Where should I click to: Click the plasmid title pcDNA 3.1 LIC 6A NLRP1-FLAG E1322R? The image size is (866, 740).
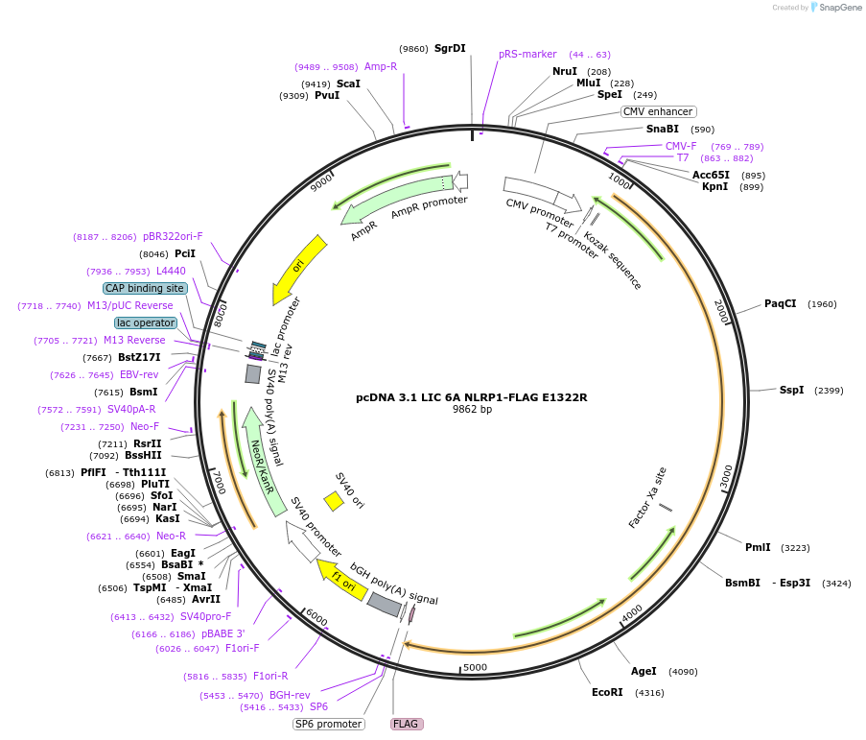[471, 396]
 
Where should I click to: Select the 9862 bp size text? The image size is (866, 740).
[472, 409]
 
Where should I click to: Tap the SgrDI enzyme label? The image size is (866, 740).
[450, 48]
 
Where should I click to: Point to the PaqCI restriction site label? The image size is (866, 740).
[780, 304]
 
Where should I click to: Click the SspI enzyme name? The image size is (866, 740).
[791, 391]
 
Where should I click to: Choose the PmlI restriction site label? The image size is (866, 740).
[758, 548]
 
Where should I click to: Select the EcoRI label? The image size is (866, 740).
[607, 692]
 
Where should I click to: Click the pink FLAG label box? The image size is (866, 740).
[407, 724]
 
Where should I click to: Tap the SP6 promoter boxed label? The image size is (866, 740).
[328, 724]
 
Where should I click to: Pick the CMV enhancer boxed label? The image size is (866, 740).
[658, 111]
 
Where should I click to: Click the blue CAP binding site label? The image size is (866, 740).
[145, 288]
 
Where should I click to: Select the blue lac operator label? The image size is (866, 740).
[146, 322]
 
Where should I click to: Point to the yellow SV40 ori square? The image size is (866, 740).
[334, 501]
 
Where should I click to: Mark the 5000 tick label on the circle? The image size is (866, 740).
[475, 668]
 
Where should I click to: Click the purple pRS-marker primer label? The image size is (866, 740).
[527, 54]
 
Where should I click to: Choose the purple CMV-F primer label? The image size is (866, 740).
[681, 146]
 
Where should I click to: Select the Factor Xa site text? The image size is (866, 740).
[647, 497]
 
